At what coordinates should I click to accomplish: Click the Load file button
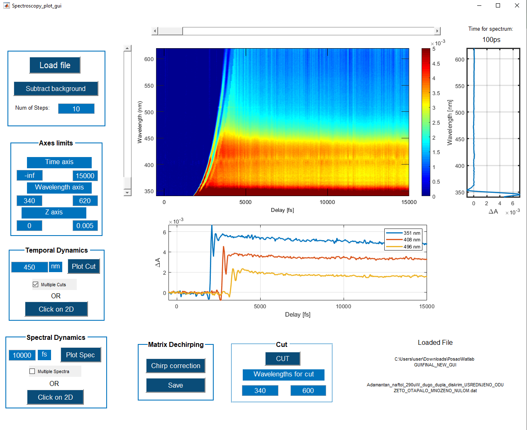pos(55,65)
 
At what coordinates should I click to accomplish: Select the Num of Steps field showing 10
pos(76,109)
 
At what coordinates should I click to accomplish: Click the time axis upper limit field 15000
pos(85,176)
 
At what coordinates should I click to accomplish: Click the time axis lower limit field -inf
pos(29,175)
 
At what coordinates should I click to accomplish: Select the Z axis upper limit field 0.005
pos(85,226)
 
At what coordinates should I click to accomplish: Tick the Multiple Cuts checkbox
pos(36,285)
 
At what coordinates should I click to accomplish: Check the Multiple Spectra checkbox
pos(32,371)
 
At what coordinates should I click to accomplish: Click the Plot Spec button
pos(81,355)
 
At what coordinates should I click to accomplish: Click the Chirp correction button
pos(176,366)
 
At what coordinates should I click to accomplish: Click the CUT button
pos(283,359)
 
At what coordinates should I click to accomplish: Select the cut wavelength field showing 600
pos(308,391)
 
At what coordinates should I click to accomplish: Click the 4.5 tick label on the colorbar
pos(436,64)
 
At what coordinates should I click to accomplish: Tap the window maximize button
pos(498,5)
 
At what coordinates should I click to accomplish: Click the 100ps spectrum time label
pos(491,39)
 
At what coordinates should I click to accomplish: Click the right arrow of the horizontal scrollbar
pos(437,31)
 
